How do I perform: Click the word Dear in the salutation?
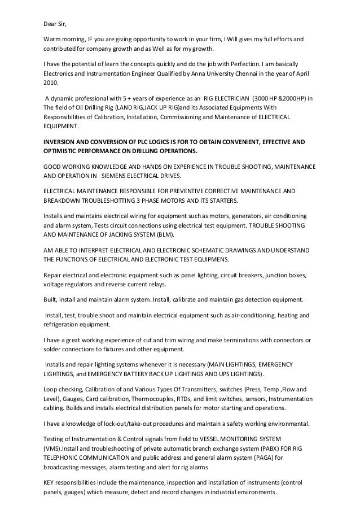50,23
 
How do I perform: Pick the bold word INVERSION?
62,142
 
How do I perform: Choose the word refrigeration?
62,325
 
